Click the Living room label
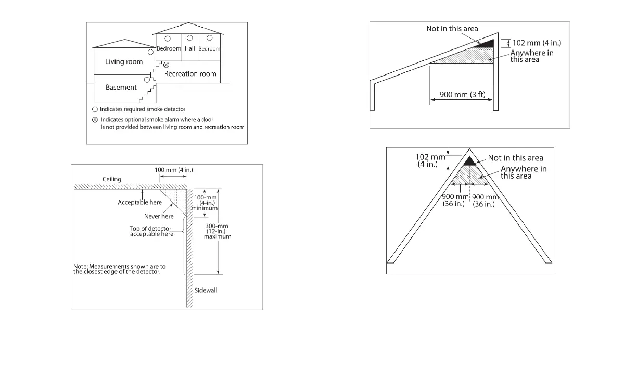(124, 61)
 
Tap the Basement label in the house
(121, 87)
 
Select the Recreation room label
(190, 74)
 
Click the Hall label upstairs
(189, 48)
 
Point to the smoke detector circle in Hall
(189, 38)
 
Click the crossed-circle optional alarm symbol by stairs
(166, 65)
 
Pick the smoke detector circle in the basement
(147, 80)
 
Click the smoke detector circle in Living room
(150, 52)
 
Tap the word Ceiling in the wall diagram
(111, 179)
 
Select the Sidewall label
(206, 290)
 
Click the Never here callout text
(159, 216)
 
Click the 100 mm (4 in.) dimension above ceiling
(173, 170)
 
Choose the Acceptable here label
(139, 202)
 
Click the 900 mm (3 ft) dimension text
(463, 95)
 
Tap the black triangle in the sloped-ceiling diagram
(486, 44)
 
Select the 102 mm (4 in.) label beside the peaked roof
(430, 160)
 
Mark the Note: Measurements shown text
(120, 269)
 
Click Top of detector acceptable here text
(151, 231)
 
